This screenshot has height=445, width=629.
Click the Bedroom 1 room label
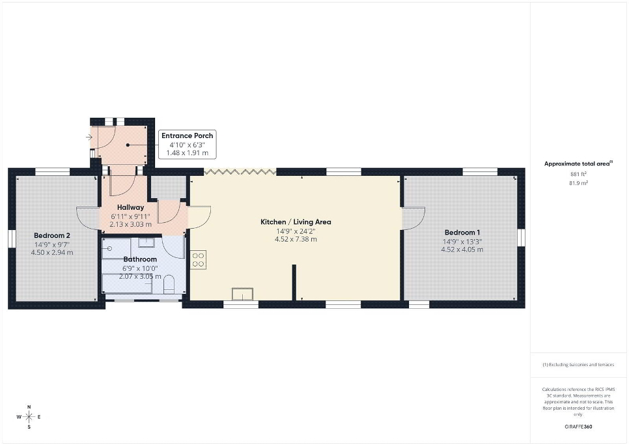click(x=462, y=233)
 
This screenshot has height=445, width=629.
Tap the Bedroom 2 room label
click(x=52, y=236)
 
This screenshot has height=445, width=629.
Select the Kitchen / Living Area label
click(x=296, y=222)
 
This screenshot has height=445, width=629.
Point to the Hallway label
click(x=130, y=207)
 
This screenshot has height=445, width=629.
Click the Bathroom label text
click(x=140, y=259)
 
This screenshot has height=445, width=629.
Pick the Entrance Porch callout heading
click(x=188, y=136)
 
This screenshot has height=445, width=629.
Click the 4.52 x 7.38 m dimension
click(x=296, y=239)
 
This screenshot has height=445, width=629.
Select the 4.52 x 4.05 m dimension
click(x=462, y=250)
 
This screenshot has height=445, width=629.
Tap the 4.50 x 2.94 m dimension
click(x=52, y=252)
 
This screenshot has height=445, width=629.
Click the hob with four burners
click(x=198, y=259)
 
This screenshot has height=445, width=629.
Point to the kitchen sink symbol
click(x=243, y=294)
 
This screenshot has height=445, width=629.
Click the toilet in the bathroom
click(x=169, y=284)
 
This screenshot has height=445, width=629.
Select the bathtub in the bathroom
click(x=127, y=283)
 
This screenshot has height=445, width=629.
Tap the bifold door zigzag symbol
click(x=240, y=172)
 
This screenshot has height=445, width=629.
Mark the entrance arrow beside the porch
click(x=89, y=137)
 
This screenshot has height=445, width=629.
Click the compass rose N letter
click(x=29, y=407)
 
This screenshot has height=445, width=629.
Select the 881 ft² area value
click(x=578, y=174)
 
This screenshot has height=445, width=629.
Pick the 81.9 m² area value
click(x=578, y=183)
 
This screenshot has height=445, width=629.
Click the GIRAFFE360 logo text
click(x=578, y=427)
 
